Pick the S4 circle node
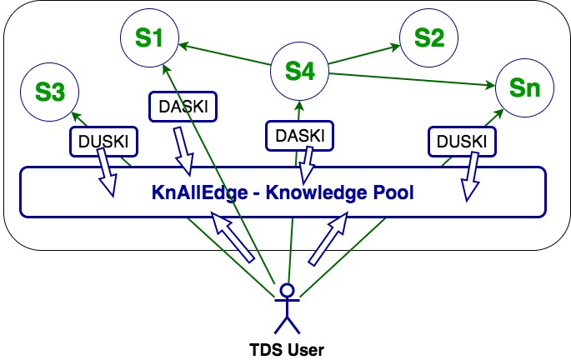(300, 72)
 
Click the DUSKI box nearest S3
(103, 141)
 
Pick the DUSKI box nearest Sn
(458, 141)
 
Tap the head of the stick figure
(287, 291)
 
